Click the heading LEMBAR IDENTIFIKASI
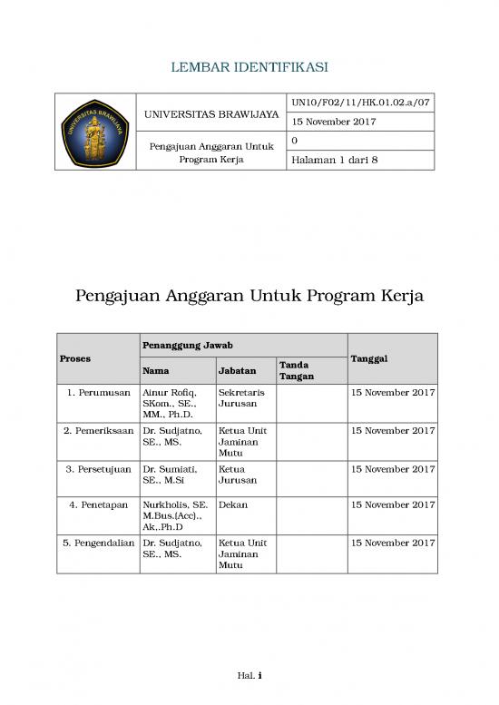[x=249, y=67]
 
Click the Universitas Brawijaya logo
[x=95, y=132]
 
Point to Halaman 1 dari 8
[x=333, y=161]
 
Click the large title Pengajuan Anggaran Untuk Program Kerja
[x=249, y=297]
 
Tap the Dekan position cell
[x=233, y=504]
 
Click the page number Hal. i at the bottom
[x=249, y=675]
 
